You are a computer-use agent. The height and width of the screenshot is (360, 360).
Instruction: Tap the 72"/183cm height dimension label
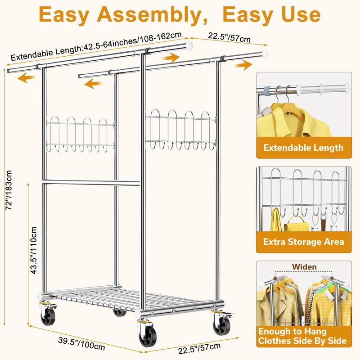[9, 190]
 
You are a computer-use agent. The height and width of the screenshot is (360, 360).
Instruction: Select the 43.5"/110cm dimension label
[33, 250]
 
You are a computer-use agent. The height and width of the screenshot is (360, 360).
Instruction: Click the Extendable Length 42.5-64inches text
[96, 46]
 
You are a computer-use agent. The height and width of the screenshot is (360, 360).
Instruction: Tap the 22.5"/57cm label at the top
[229, 37]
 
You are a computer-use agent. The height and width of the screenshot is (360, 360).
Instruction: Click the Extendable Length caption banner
[303, 148]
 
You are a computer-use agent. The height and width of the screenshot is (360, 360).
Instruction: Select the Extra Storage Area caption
[303, 242]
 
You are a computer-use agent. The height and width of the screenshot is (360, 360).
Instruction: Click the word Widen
[304, 267]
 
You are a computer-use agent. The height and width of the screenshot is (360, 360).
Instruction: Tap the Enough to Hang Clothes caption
[302, 336]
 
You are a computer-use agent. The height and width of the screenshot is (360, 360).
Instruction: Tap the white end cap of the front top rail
[189, 45]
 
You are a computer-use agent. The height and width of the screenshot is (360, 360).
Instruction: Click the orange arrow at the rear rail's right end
[243, 65]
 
